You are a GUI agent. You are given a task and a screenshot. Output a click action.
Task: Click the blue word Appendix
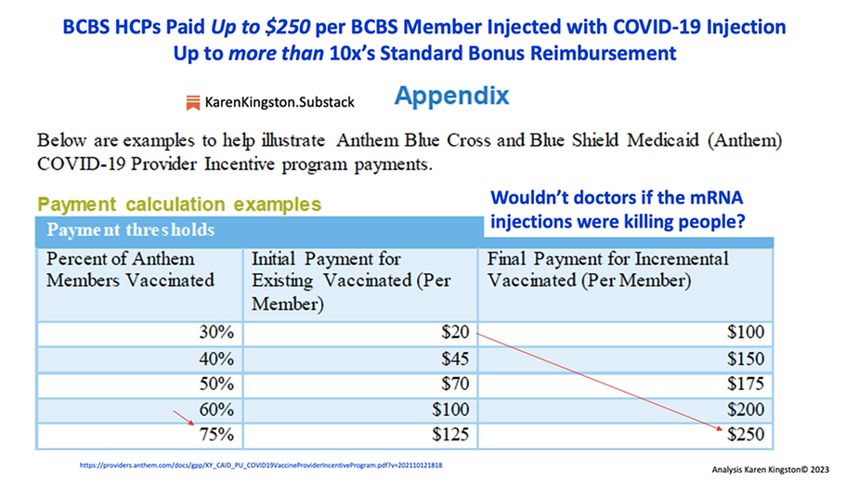451,96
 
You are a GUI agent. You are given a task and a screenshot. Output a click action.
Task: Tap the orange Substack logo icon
193,102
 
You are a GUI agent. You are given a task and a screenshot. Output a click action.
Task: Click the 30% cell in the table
215,332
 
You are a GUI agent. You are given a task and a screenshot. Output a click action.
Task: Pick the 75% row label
215,434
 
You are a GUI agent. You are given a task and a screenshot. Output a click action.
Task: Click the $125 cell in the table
450,434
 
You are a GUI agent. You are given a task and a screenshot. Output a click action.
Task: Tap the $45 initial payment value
455,358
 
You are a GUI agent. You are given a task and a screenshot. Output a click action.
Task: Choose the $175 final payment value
743,383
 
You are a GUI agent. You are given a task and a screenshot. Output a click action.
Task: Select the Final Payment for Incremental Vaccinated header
608,269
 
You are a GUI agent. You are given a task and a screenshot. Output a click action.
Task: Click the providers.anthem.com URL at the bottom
260,462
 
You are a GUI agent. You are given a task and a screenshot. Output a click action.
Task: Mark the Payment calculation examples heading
179,203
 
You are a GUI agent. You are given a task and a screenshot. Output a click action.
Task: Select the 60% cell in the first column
215,409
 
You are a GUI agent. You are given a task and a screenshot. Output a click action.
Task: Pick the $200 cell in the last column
743,409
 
